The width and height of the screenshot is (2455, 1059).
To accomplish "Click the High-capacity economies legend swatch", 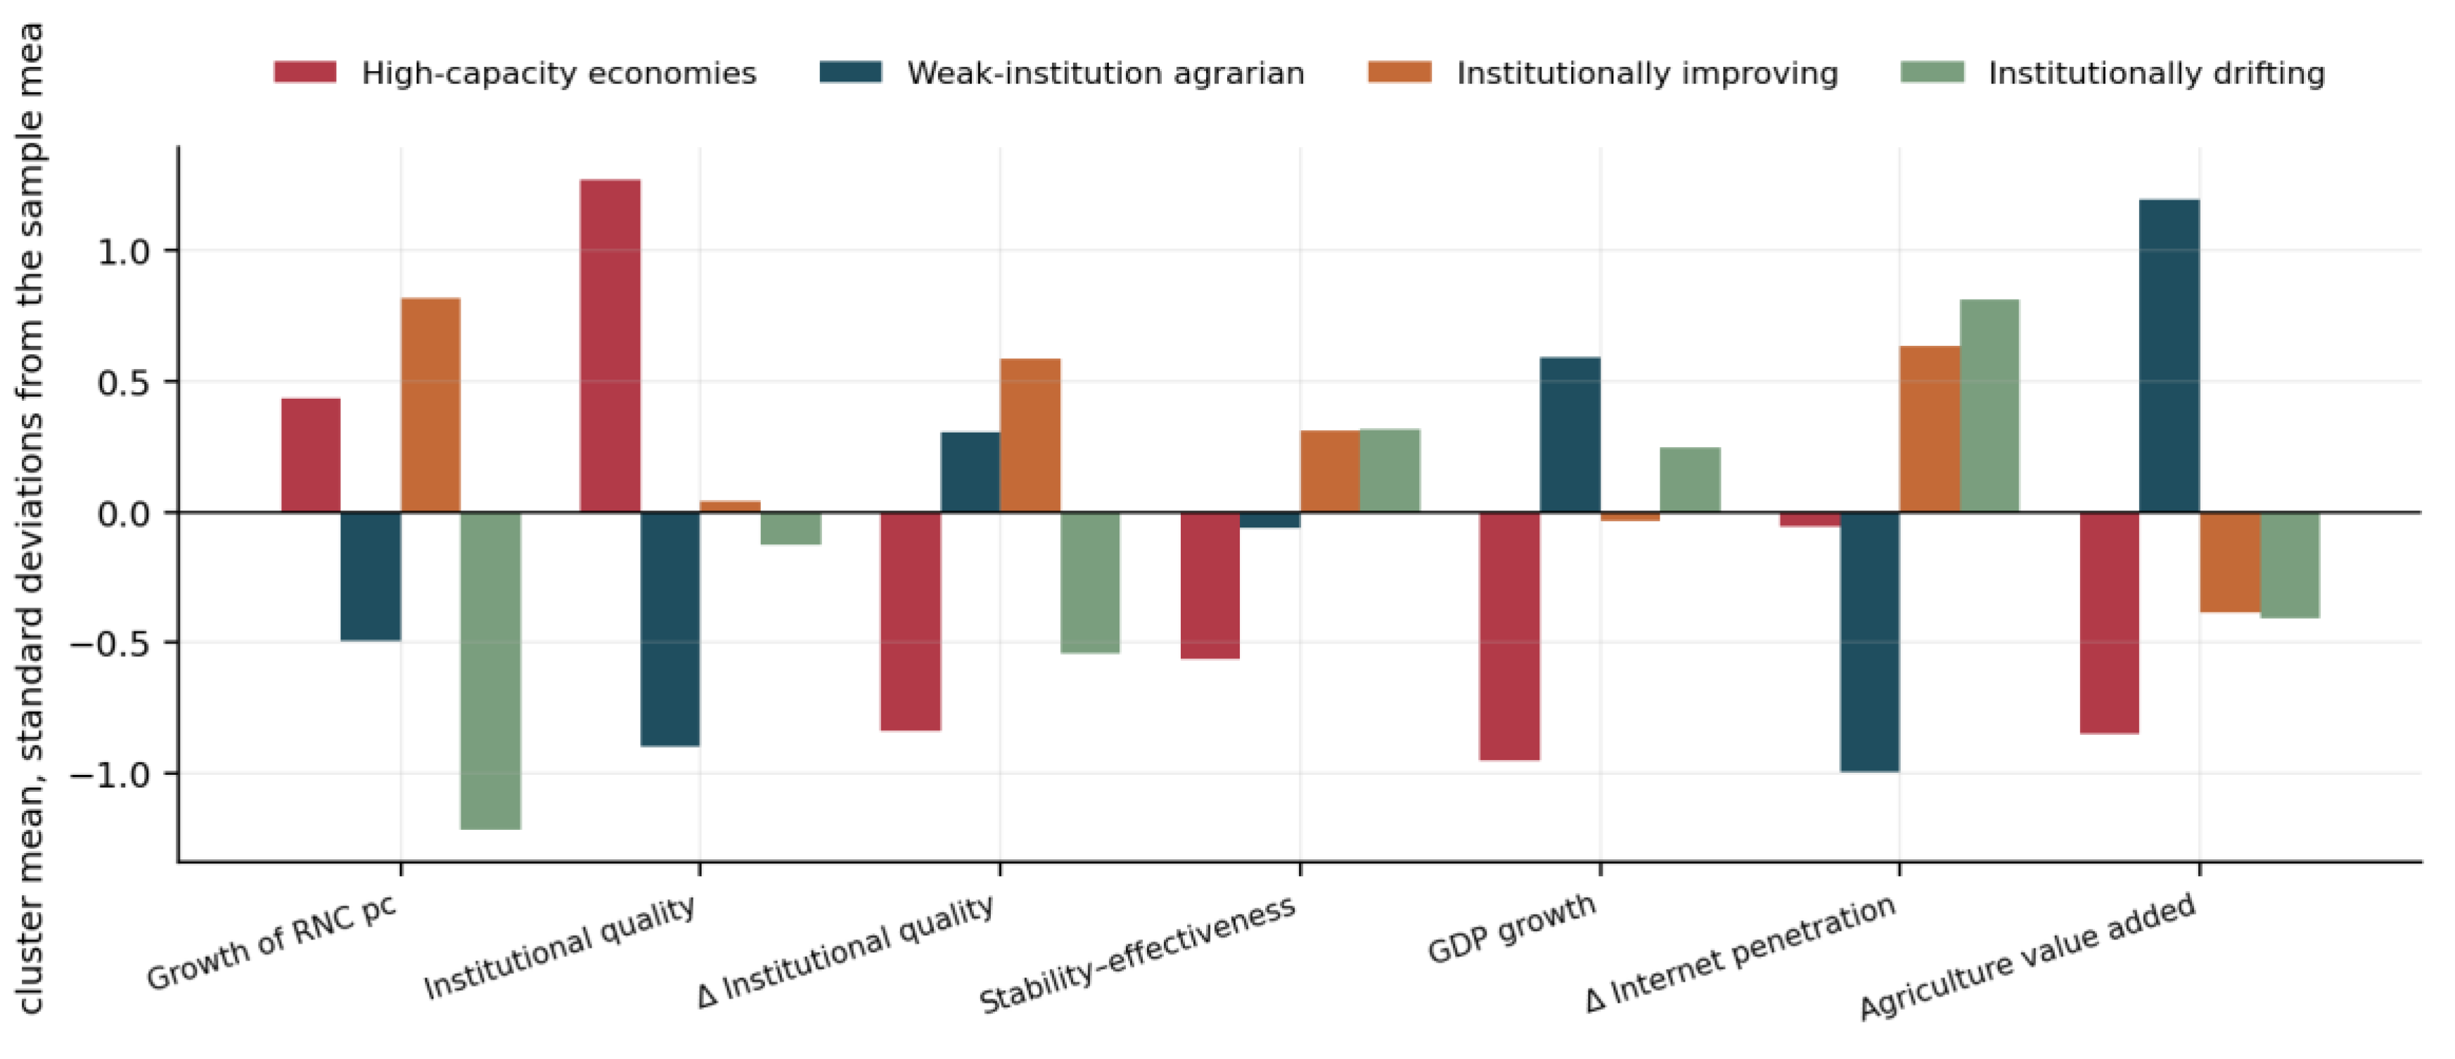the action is (305, 72).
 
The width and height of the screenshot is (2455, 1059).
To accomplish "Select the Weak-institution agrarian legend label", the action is (1105, 73).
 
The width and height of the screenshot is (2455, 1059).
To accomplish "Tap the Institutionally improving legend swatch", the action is (1399, 72).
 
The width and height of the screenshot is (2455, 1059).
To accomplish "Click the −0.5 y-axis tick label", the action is (110, 643).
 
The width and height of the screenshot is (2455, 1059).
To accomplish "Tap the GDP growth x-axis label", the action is (1511, 928).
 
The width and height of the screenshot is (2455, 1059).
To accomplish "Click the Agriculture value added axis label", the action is (2028, 957).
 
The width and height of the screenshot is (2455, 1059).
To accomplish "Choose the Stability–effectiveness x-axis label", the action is (1138, 954).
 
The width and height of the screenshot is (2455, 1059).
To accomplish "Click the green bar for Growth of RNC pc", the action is (491, 671).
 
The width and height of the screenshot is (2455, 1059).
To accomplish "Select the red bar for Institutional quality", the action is (610, 346).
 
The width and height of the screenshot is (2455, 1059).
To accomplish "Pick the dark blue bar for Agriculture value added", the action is (2169, 356).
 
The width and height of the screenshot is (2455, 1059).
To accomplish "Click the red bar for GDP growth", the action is (1510, 636).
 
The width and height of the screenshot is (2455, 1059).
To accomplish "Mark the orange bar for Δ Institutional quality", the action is (1030, 435).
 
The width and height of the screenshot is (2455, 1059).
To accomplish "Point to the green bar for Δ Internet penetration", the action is (1990, 406).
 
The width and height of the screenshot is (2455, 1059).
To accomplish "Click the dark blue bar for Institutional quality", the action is (670, 629).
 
